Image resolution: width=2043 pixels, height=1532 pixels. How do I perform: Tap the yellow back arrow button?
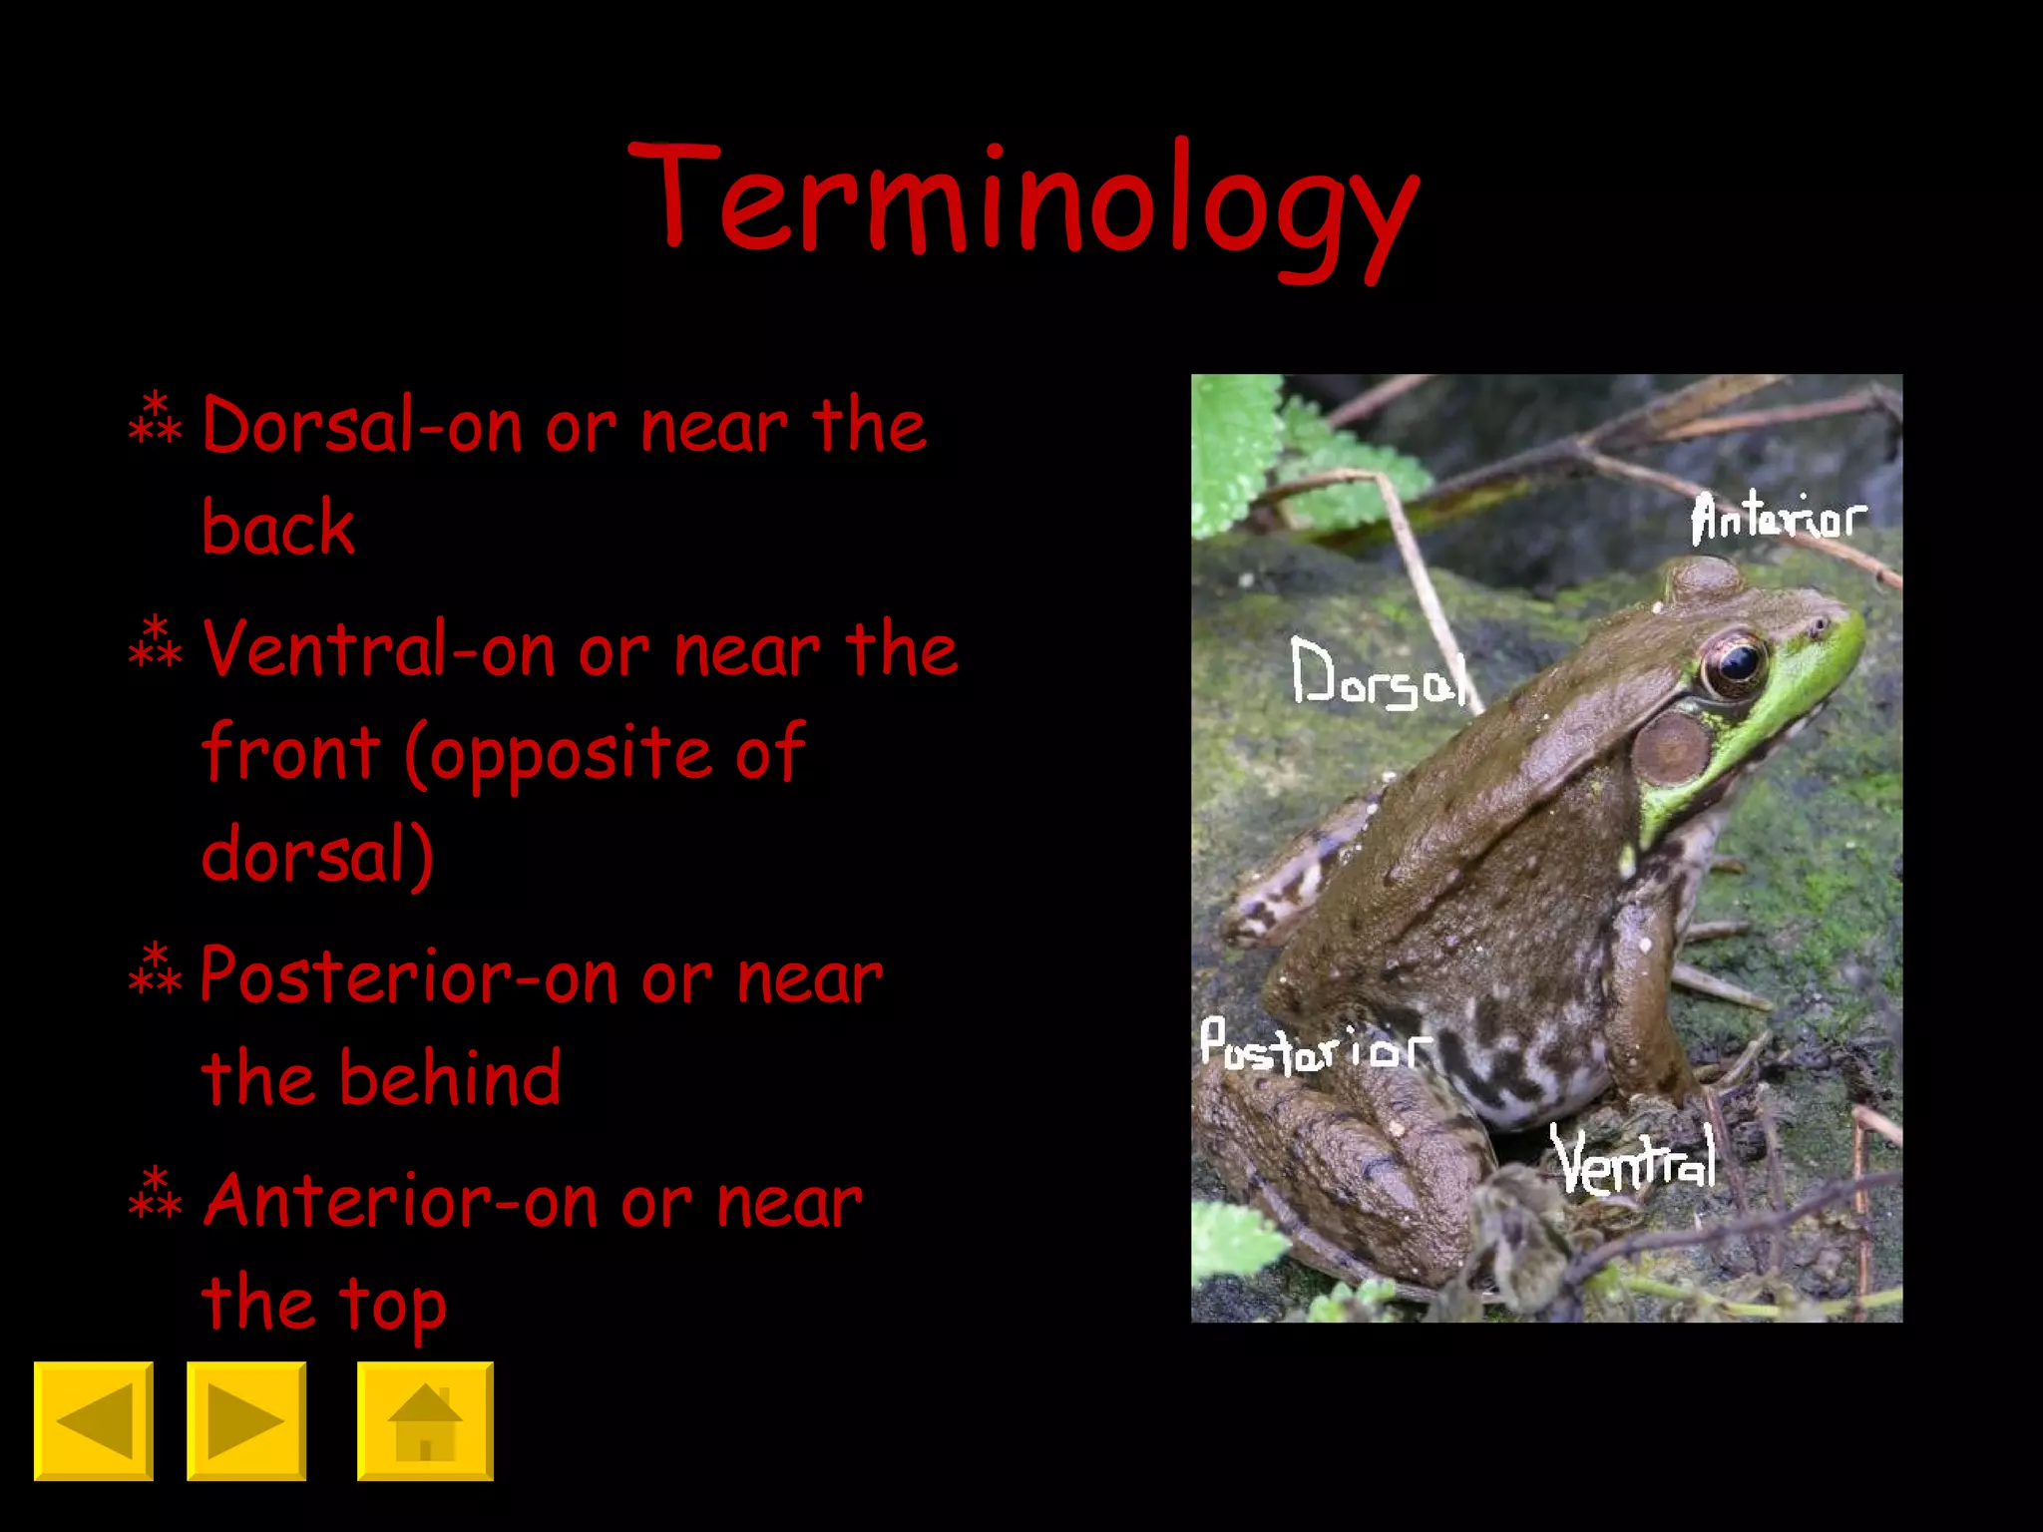pyautogui.click(x=94, y=1420)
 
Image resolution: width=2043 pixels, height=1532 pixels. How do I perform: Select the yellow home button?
pyautogui.click(x=425, y=1420)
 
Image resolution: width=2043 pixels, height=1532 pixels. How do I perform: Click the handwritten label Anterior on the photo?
pyautogui.click(x=1777, y=518)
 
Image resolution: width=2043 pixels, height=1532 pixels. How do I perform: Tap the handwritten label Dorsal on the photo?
pyautogui.click(x=1378, y=674)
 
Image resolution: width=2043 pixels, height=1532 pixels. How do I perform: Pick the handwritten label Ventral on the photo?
pyautogui.click(x=1634, y=1160)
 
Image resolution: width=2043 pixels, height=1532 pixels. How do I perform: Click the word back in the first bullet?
pyautogui.click(x=278, y=528)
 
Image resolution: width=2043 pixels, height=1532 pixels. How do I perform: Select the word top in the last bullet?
pyautogui.click(x=392, y=1305)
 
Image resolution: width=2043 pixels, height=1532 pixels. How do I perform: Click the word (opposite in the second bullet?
pyautogui.click(x=559, y=754)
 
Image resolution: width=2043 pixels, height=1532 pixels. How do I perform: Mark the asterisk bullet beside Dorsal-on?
pyautogui.click(x=156, y=420)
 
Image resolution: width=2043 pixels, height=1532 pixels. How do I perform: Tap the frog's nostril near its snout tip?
pyautogui.click(x=1819, y=626)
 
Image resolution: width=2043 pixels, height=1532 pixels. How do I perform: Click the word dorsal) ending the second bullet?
pyautogui.click(x=317, y=856)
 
